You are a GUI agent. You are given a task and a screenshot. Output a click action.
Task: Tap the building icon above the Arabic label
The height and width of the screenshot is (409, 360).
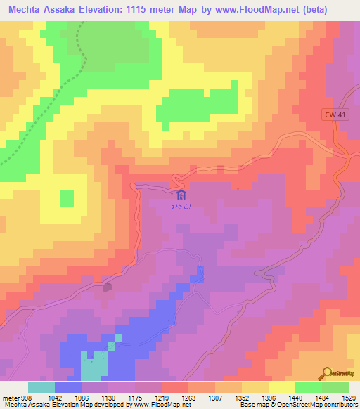[181, 195]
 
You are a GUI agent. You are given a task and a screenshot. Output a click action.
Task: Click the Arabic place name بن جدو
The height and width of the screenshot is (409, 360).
[181, 207]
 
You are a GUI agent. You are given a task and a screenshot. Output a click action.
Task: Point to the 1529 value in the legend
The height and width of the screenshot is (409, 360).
[349, 397]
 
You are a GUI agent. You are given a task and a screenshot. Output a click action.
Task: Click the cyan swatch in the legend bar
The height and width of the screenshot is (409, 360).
[41, 387]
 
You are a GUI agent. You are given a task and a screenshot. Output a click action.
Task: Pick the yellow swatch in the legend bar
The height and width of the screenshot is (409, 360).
[281, 387]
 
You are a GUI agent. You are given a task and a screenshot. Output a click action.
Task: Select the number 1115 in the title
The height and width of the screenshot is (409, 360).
[141, 9]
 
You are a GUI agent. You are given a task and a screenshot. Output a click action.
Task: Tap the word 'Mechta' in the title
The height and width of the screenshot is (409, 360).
[25, 9]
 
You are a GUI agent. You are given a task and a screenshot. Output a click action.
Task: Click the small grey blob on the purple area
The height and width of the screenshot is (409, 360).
[108, 287]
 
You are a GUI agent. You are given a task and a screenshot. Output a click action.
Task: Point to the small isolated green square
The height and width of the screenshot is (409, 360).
[67, 199]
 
